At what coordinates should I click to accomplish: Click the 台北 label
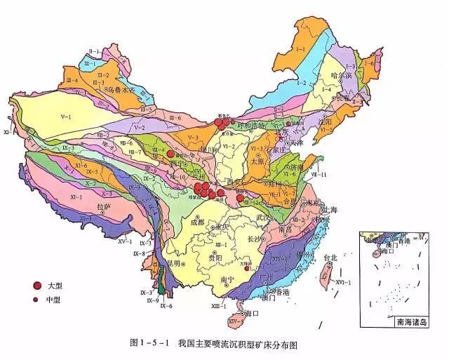click(330, 258)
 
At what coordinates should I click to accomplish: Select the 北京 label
click(281, 131)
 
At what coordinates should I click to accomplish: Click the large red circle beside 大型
click(37, 286)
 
